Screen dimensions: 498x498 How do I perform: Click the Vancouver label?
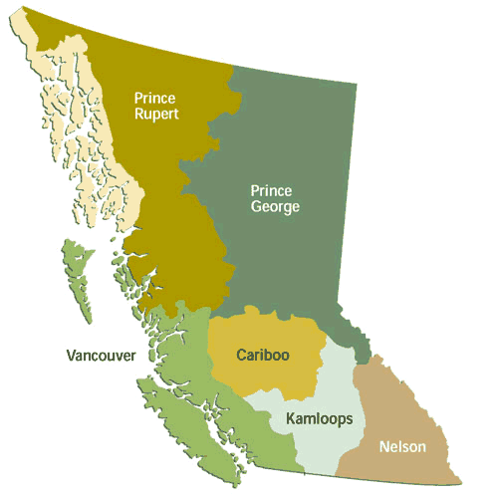(101, 356)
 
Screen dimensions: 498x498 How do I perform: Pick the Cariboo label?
(263, 355)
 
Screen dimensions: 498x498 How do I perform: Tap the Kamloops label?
(319, 419)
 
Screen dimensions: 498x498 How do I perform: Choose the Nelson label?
(402, 447)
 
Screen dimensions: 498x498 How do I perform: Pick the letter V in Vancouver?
(71, 356)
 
